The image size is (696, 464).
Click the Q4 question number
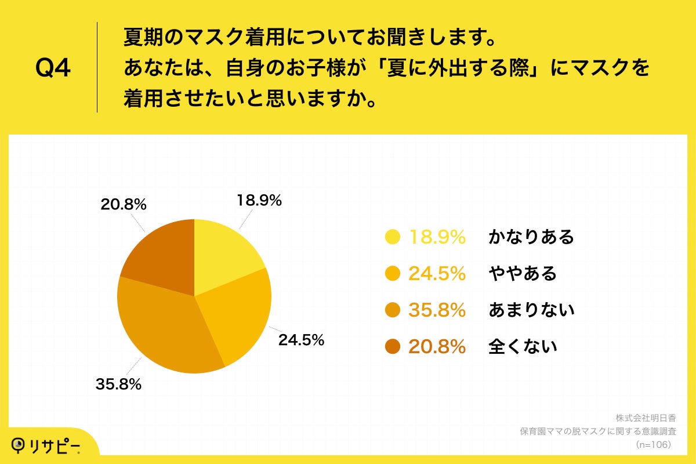(x=53, y=68)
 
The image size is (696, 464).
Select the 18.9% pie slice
(x=223, y=255)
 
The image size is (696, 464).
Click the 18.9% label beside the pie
(x=259, y=201)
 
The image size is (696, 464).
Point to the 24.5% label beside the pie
(x=301, y=340)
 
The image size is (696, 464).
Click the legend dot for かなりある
(x=393, y=237)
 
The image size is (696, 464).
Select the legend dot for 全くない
(x=393, y=347)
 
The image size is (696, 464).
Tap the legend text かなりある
(x=531, y=237)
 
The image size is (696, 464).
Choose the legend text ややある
(x=523, y=273)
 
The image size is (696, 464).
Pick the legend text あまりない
(x=531, y=310)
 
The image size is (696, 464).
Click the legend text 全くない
(x=523, y=347)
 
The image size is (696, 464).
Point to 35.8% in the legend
(x=437, y=310)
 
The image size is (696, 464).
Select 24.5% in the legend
(x=437, y=273)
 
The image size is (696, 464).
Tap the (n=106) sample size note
(x=653, y=444)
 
